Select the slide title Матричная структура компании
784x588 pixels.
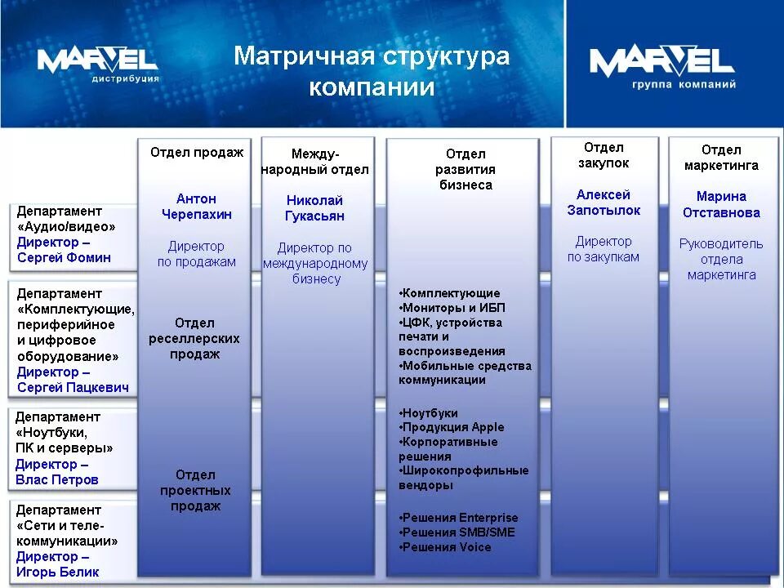372,71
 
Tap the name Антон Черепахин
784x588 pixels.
196,207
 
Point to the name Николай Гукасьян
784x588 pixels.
314,208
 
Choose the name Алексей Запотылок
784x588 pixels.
604,203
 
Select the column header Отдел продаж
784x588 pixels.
196,153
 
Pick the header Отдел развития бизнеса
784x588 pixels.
465,169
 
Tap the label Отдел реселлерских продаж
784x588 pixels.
194,338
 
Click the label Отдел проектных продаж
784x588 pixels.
195,490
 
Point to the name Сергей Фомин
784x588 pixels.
64,258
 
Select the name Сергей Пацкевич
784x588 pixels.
73,387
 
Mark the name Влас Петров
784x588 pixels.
56,479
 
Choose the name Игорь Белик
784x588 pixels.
57,572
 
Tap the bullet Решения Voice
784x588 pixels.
446,547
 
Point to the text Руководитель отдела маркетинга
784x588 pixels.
721,259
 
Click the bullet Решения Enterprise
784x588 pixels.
459,518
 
